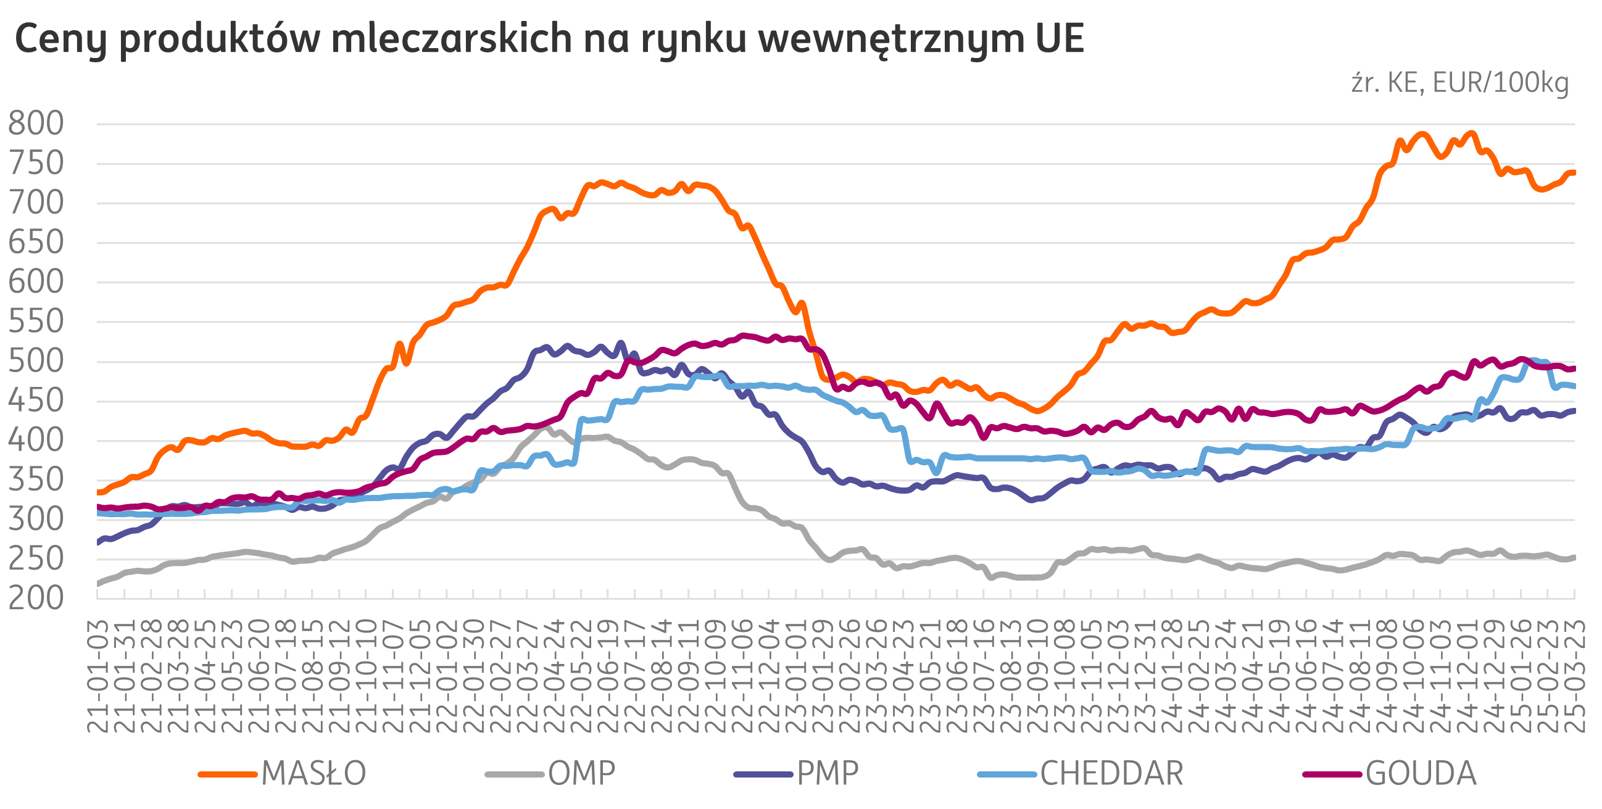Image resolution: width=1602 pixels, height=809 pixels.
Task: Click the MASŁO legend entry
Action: pyautogui.click(x=313, y=773)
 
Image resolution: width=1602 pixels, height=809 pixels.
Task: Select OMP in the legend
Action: pyautogui.click(x=581, y=773)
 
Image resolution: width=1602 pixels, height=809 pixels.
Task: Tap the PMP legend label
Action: pyautogui.click(x=828, y=773)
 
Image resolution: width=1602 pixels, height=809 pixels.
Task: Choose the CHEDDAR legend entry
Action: pyautogui.click(x=1111, y=773)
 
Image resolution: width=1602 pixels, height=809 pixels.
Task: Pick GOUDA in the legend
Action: pyautogui.click(x=1421, y=773)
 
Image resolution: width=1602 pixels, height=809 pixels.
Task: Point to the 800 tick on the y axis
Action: pyautogui.click(x=36, y=124)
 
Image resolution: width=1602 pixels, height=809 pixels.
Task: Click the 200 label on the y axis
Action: pyautogui.click(x=36, y=598)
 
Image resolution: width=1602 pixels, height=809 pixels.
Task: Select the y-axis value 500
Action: pyautogui.click(x=36, y=361)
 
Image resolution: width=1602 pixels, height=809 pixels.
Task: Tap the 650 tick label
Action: pyautogui.click(x=36, y=243)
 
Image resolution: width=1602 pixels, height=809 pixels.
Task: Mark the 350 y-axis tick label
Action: pyautogui.click(x=36, y=480)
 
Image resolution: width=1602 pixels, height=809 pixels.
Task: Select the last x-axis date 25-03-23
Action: pyautogui.click(x=1574, y=674)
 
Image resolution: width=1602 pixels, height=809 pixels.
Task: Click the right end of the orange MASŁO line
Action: pyautogui.click(x=1574, y=172)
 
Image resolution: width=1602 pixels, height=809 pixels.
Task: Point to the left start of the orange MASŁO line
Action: pyautogui.click(x=98, y=492)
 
